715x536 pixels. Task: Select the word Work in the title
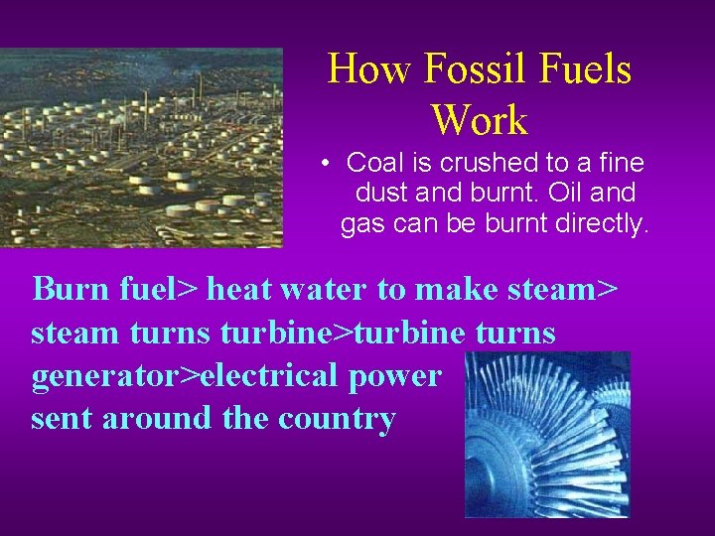pos(480,121)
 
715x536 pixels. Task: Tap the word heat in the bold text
pos(240,289)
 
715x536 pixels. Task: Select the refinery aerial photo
pos(141,147)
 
